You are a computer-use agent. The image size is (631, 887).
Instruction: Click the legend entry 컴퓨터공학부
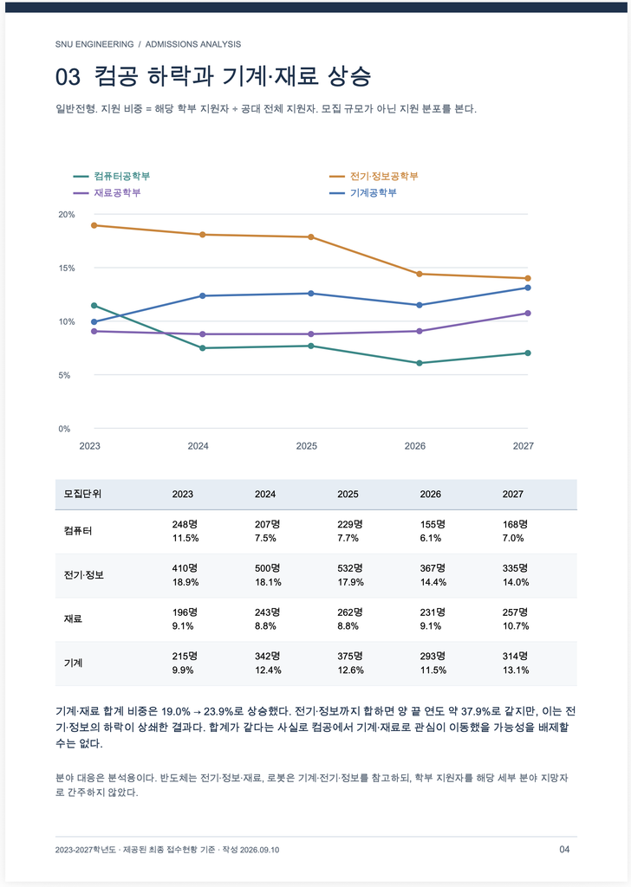coord(112,176)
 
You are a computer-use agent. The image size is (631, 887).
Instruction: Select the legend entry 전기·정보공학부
coord(374,176)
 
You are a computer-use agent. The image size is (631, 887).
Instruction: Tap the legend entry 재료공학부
coord(107,193)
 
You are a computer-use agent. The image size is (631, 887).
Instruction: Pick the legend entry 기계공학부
coord(363,193)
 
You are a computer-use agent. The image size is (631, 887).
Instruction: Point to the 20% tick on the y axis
coord(66,215)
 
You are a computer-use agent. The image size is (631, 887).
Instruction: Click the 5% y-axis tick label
coord(64,375)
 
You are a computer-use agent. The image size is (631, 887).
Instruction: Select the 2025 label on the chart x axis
coord(307,446)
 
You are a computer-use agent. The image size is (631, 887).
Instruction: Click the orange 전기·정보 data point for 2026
coord(420,274)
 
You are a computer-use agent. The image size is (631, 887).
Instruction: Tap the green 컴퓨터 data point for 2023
coord(94,306)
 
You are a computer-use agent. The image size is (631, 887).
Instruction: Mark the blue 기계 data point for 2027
coord(528,288)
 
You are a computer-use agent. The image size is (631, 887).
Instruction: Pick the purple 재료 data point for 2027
coord(528,313)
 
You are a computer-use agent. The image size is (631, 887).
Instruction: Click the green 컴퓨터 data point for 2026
coord(420,363)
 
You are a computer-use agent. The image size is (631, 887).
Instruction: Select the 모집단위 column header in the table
coord(82,494)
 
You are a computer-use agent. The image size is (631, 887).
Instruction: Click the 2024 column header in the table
coord(265,494)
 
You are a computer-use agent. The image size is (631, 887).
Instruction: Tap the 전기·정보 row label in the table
coord(84,575)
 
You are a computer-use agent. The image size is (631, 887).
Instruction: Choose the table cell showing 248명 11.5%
coord(185,531)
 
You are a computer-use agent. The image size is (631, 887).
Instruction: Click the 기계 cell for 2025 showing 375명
coord(350,663)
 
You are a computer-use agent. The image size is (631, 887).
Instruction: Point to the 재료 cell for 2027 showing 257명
coord(516,618)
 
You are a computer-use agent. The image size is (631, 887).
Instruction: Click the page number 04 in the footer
coord(564,849)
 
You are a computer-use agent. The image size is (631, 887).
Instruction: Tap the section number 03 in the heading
coord(68,77)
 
